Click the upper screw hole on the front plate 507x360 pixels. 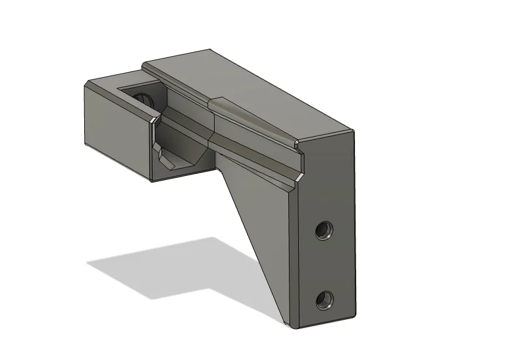pyautogui.click(x=323, y=231)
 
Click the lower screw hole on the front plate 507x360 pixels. pyautogui.click(x=323, y=301)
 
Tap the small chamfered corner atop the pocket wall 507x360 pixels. pyautogui.click(x=153, y=119)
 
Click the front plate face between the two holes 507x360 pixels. pyautogui.click(x=325, y=266)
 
